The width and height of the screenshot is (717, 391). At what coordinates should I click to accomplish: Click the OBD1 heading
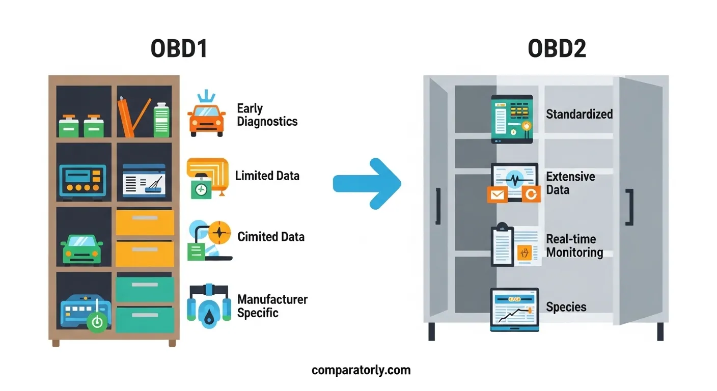[179, 49]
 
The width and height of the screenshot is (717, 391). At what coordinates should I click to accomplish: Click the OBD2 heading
[557, 49]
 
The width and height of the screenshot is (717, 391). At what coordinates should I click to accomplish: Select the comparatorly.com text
[361, 370]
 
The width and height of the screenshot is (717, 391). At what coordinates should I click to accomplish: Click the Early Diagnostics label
[267, 115]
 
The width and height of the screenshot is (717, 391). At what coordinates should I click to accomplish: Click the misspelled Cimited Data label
[271, 237]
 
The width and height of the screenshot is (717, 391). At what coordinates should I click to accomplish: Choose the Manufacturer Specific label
[272, 306]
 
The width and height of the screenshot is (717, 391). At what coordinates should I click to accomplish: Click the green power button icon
[97, 322]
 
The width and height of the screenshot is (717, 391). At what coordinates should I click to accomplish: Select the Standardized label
[579, 114]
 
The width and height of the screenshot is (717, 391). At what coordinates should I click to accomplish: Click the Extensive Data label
[570, 183]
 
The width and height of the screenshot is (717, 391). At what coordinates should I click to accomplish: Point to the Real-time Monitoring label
[574, 246]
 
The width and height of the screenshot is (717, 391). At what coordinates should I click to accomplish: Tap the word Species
[566, 307]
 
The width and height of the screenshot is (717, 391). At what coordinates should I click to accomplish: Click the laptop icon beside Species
[514, 310]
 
